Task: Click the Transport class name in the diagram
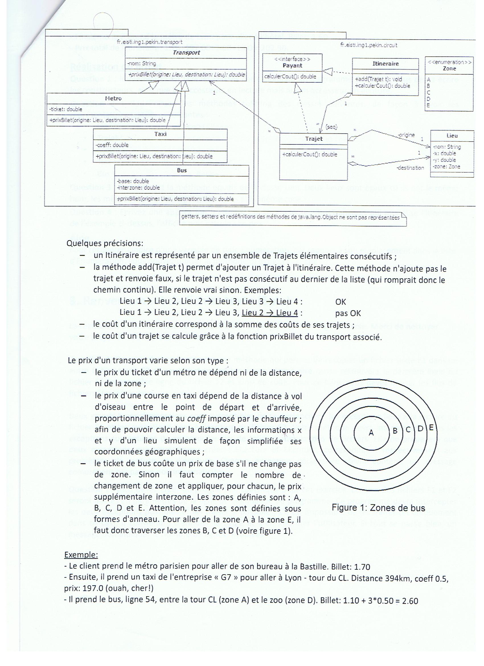click(186, 53)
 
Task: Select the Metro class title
click(113, 98)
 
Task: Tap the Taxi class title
click(160, 134)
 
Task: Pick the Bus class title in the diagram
click(182, 170)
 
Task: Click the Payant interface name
click(292, 66)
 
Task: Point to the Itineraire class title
click(385, 64)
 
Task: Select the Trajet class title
click(314, 139)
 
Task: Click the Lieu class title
click(452, 136)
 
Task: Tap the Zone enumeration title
click(449, 68)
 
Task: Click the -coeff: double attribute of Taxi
click(112, 145)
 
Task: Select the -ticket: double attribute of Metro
click(66, 109)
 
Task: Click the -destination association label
click(410, 168)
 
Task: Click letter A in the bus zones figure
click(371, 432)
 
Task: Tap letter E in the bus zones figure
click(431, 427)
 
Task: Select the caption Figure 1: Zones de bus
click(378, 508)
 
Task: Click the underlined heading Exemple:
click(81, 555)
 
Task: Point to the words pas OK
click(348, 313)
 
